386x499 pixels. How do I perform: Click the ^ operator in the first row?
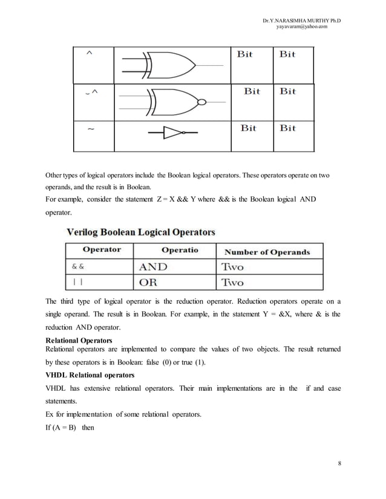(90, 54)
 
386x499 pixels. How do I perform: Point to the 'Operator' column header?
(102, 250)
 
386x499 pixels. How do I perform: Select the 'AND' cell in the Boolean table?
(154, 266)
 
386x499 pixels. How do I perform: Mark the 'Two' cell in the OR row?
(233, 282)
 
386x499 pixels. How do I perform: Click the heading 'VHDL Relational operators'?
(90, 375)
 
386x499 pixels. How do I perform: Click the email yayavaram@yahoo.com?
(301, 27)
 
